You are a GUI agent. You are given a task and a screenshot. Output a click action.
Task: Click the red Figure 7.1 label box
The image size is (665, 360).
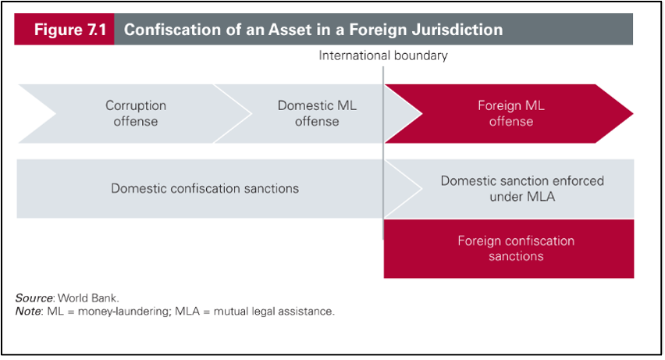(65, 30)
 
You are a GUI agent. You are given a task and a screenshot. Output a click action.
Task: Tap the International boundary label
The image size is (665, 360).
(383, 55)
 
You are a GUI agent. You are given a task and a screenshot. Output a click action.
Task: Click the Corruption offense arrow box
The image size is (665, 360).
(136, 113)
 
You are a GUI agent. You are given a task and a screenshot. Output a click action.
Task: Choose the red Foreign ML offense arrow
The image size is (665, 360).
(511, 113)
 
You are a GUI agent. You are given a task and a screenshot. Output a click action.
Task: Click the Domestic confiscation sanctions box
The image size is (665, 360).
(204, 188)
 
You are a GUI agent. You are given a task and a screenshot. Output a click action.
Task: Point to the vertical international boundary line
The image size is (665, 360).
(383, 156)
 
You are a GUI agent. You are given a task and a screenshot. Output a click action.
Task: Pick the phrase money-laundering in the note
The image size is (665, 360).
(121, 311)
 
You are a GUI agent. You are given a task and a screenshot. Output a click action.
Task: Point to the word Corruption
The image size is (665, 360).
(136, 105)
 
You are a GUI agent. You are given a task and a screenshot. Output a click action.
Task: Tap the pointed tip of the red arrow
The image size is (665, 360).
(631, 113)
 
